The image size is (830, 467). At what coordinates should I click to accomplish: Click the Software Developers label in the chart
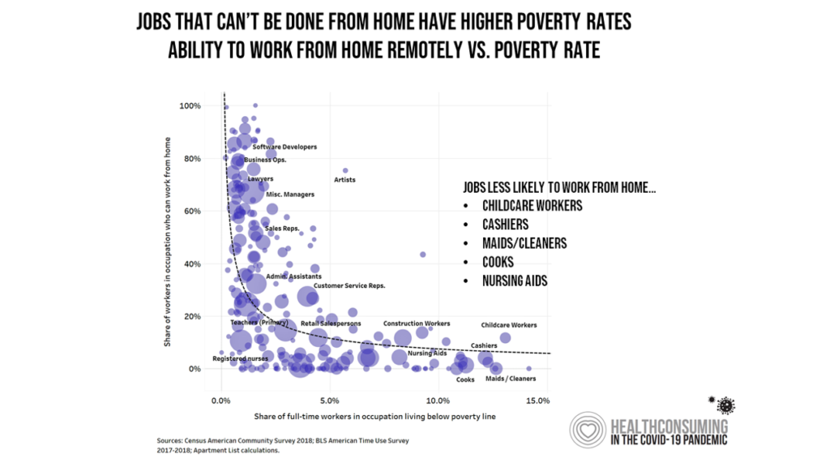(285, 147)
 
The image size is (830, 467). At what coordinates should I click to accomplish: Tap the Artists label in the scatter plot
(344, 180)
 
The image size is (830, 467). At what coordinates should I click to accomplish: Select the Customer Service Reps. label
(349, 285)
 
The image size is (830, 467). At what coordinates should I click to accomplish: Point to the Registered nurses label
(240, 358)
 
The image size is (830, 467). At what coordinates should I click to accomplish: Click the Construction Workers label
(417, 323)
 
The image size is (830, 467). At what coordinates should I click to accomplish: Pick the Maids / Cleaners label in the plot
(510, 379)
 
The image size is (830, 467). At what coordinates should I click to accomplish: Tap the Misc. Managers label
(290, 195)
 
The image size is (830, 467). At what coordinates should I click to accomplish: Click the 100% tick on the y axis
(190, 106)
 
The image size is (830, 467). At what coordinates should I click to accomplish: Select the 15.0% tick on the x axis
(537, 400)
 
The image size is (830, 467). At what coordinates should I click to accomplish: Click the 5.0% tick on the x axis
(329, 400)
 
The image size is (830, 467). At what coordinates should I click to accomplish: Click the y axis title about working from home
(168, 242)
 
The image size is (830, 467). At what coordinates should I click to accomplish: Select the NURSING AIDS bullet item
(515, 281)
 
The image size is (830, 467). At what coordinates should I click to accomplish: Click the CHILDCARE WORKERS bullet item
(532, 205)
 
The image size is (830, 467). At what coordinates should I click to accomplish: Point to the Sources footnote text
(283, 445)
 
